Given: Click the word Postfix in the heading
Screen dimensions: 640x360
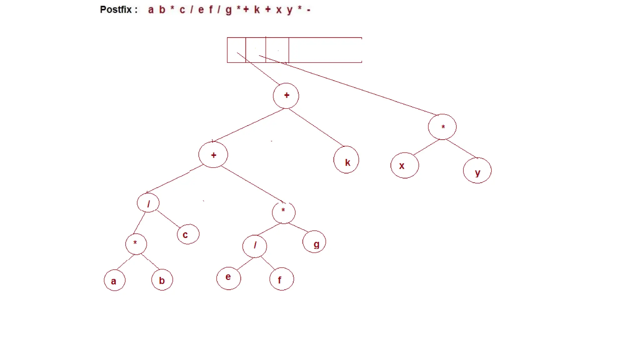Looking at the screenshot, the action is pos(116,10).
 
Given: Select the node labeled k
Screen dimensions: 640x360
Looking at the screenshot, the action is pos(346,160).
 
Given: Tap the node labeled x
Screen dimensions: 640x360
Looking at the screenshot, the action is pos(405,165).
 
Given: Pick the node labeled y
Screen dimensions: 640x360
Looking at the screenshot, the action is pos(477,171).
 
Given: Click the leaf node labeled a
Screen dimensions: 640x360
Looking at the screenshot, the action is pos(115,280).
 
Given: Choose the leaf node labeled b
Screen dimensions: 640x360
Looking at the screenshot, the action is pos(162,280).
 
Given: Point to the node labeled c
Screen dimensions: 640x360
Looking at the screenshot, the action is pos(188,234).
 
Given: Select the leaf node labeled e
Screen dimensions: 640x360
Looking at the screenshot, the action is pos(229,278).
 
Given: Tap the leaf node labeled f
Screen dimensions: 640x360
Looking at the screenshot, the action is pos(282,279).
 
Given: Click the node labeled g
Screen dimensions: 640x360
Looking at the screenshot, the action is pos(314,242).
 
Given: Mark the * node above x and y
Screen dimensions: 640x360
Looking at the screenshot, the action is pos(442,127).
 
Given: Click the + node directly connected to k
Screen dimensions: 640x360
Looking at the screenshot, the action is pos(286,96).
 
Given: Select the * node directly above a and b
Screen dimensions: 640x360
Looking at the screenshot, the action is pos(136,244).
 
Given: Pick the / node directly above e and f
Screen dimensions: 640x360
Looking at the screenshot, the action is pos(255,246).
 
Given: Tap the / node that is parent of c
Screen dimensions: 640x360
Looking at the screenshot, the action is pos(148,203).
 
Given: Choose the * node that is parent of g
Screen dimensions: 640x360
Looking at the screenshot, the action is pos(283,213).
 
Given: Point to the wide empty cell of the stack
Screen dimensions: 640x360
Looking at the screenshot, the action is pos(325,50).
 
